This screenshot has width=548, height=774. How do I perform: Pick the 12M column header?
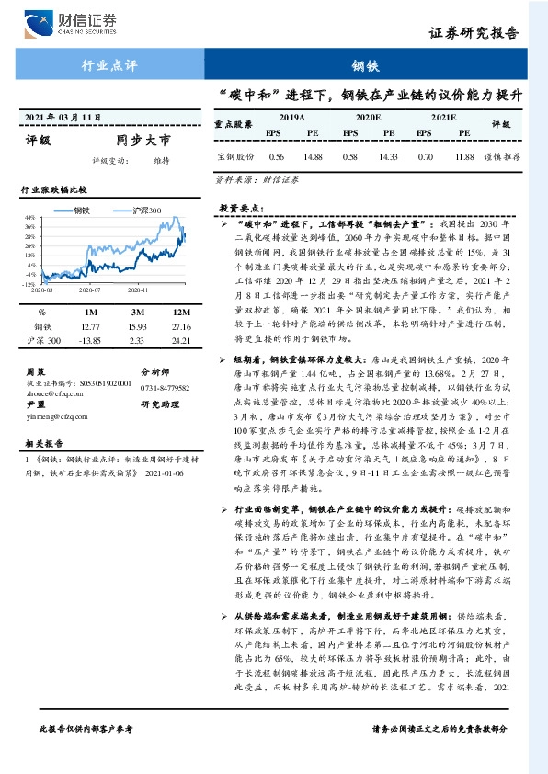coord(180,311)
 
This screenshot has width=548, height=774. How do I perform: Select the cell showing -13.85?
coord(89,341)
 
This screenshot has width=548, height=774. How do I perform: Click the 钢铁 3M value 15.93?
coord(139,325)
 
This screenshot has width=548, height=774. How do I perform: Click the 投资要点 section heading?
coord(240,209)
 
